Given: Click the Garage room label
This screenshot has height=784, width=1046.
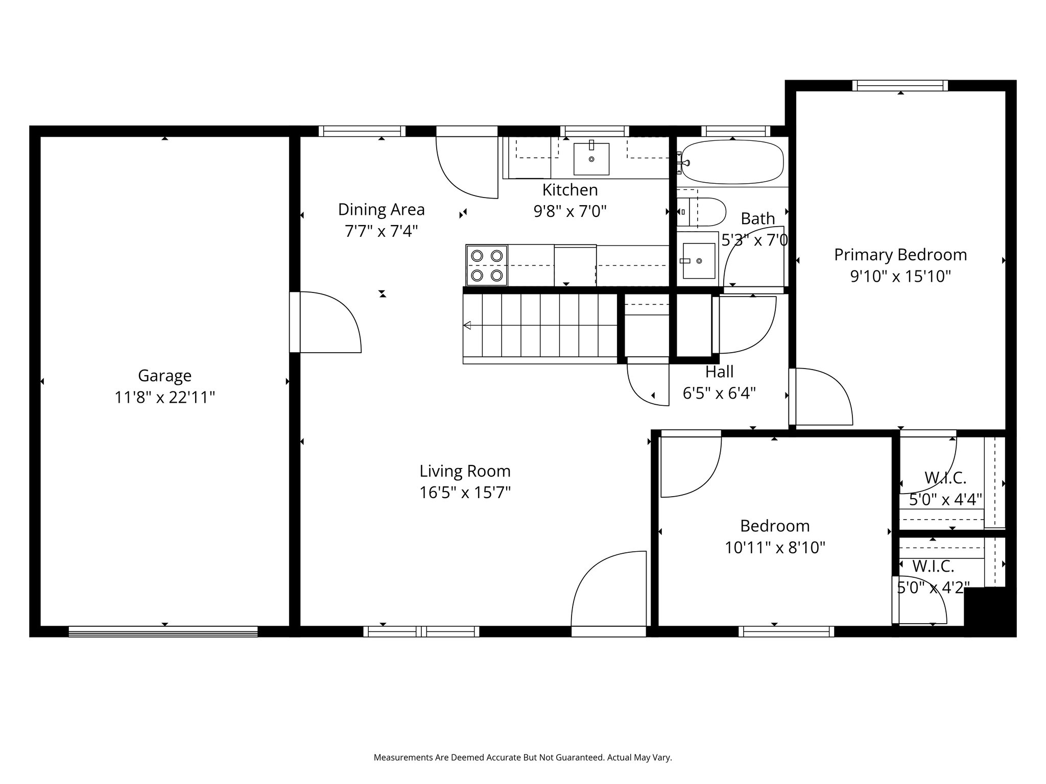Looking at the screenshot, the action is [x=164, y=376].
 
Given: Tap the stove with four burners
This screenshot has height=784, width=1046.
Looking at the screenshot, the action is [x=487, y=265].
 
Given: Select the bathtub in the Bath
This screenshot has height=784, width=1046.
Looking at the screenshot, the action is [x=732, y=162].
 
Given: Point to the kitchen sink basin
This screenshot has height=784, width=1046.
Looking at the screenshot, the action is [x=591, y=159].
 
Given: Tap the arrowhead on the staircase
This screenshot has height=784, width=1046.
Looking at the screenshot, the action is [x=467, y=325].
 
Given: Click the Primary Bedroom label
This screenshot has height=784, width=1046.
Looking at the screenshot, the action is [x=900, y=255].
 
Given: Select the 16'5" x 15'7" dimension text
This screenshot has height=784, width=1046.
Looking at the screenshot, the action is [x=465, y=493].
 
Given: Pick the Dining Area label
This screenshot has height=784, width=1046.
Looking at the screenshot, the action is [x=382, y=209].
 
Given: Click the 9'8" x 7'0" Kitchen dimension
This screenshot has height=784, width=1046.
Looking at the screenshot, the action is [x=570, y=211].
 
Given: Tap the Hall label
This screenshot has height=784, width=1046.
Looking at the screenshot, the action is [x=720, y=372].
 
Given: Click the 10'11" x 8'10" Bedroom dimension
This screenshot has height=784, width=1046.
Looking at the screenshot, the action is [x=775, y=548].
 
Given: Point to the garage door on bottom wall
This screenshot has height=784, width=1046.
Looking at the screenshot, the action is [x=163, y=631].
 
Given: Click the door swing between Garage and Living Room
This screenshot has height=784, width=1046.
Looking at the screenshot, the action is [x=330, y=322].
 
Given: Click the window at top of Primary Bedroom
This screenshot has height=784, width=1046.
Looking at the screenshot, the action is [x=900, y=86].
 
